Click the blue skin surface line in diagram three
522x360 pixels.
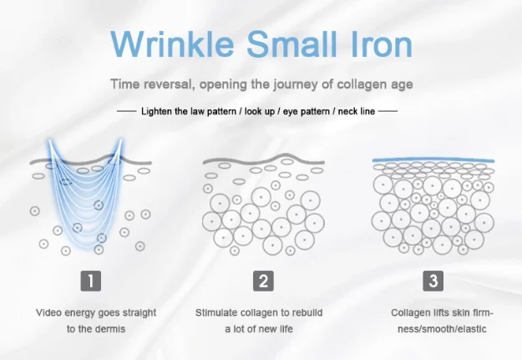pos(433,159)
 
